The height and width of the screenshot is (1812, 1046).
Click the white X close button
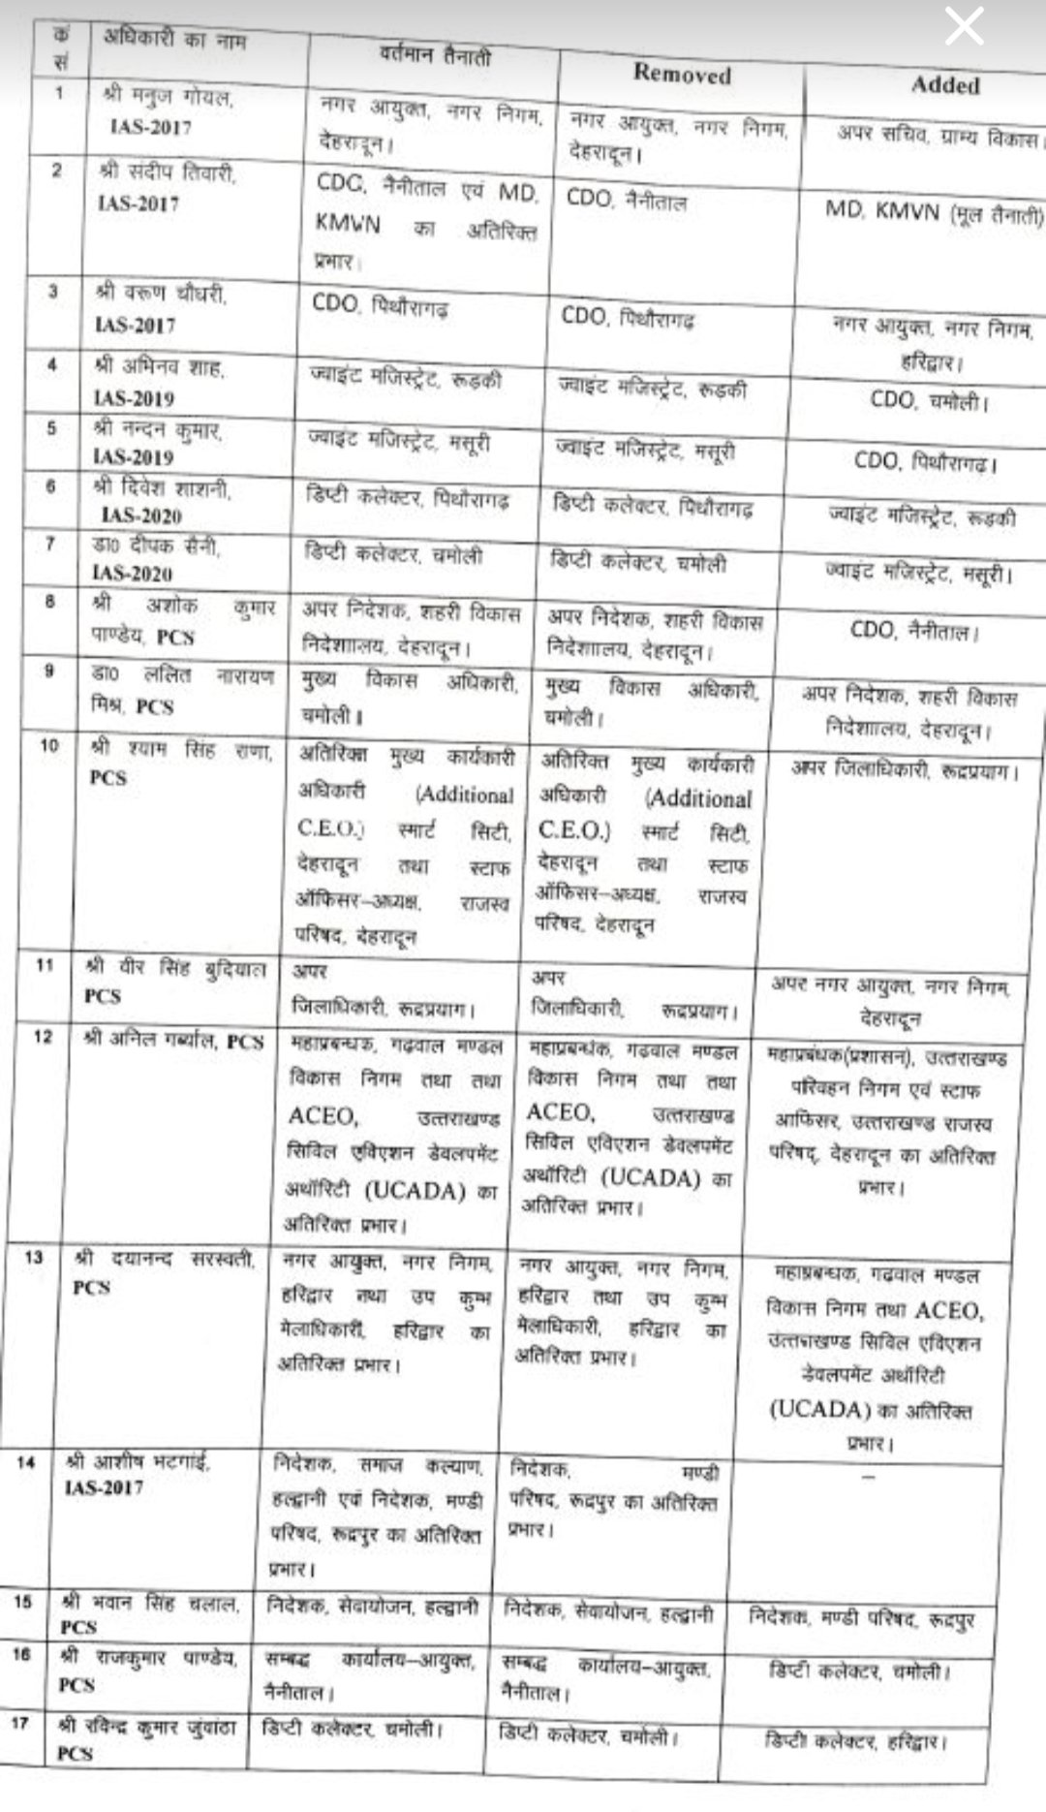pyautogui.click(x=964, y=27)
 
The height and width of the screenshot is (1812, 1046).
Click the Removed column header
pyautogui.click(x=682, y=74)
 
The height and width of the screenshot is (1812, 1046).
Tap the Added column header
pyautogui.click(x=944, y=85)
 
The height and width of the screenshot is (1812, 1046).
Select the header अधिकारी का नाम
pyautogui.click(x=174, y=41)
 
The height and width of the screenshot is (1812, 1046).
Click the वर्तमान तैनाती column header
pyautogui.click(x=436, y=56)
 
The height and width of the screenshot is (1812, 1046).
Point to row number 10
pyautogui.click(x=48, y=745)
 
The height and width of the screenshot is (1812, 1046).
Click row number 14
pyautogui.click(x=25, y=1462)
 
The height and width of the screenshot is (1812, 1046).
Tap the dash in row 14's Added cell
pyautogui.click(x=868, y=1477)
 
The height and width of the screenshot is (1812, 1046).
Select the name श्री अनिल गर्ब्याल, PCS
pyautogui.click(x=172, y=1042)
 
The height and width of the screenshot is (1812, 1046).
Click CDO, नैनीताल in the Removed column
pyautogui.click(x=626, y=201)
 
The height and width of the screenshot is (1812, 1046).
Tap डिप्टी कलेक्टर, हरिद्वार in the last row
pyautogui.click(x=851, y=1741)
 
